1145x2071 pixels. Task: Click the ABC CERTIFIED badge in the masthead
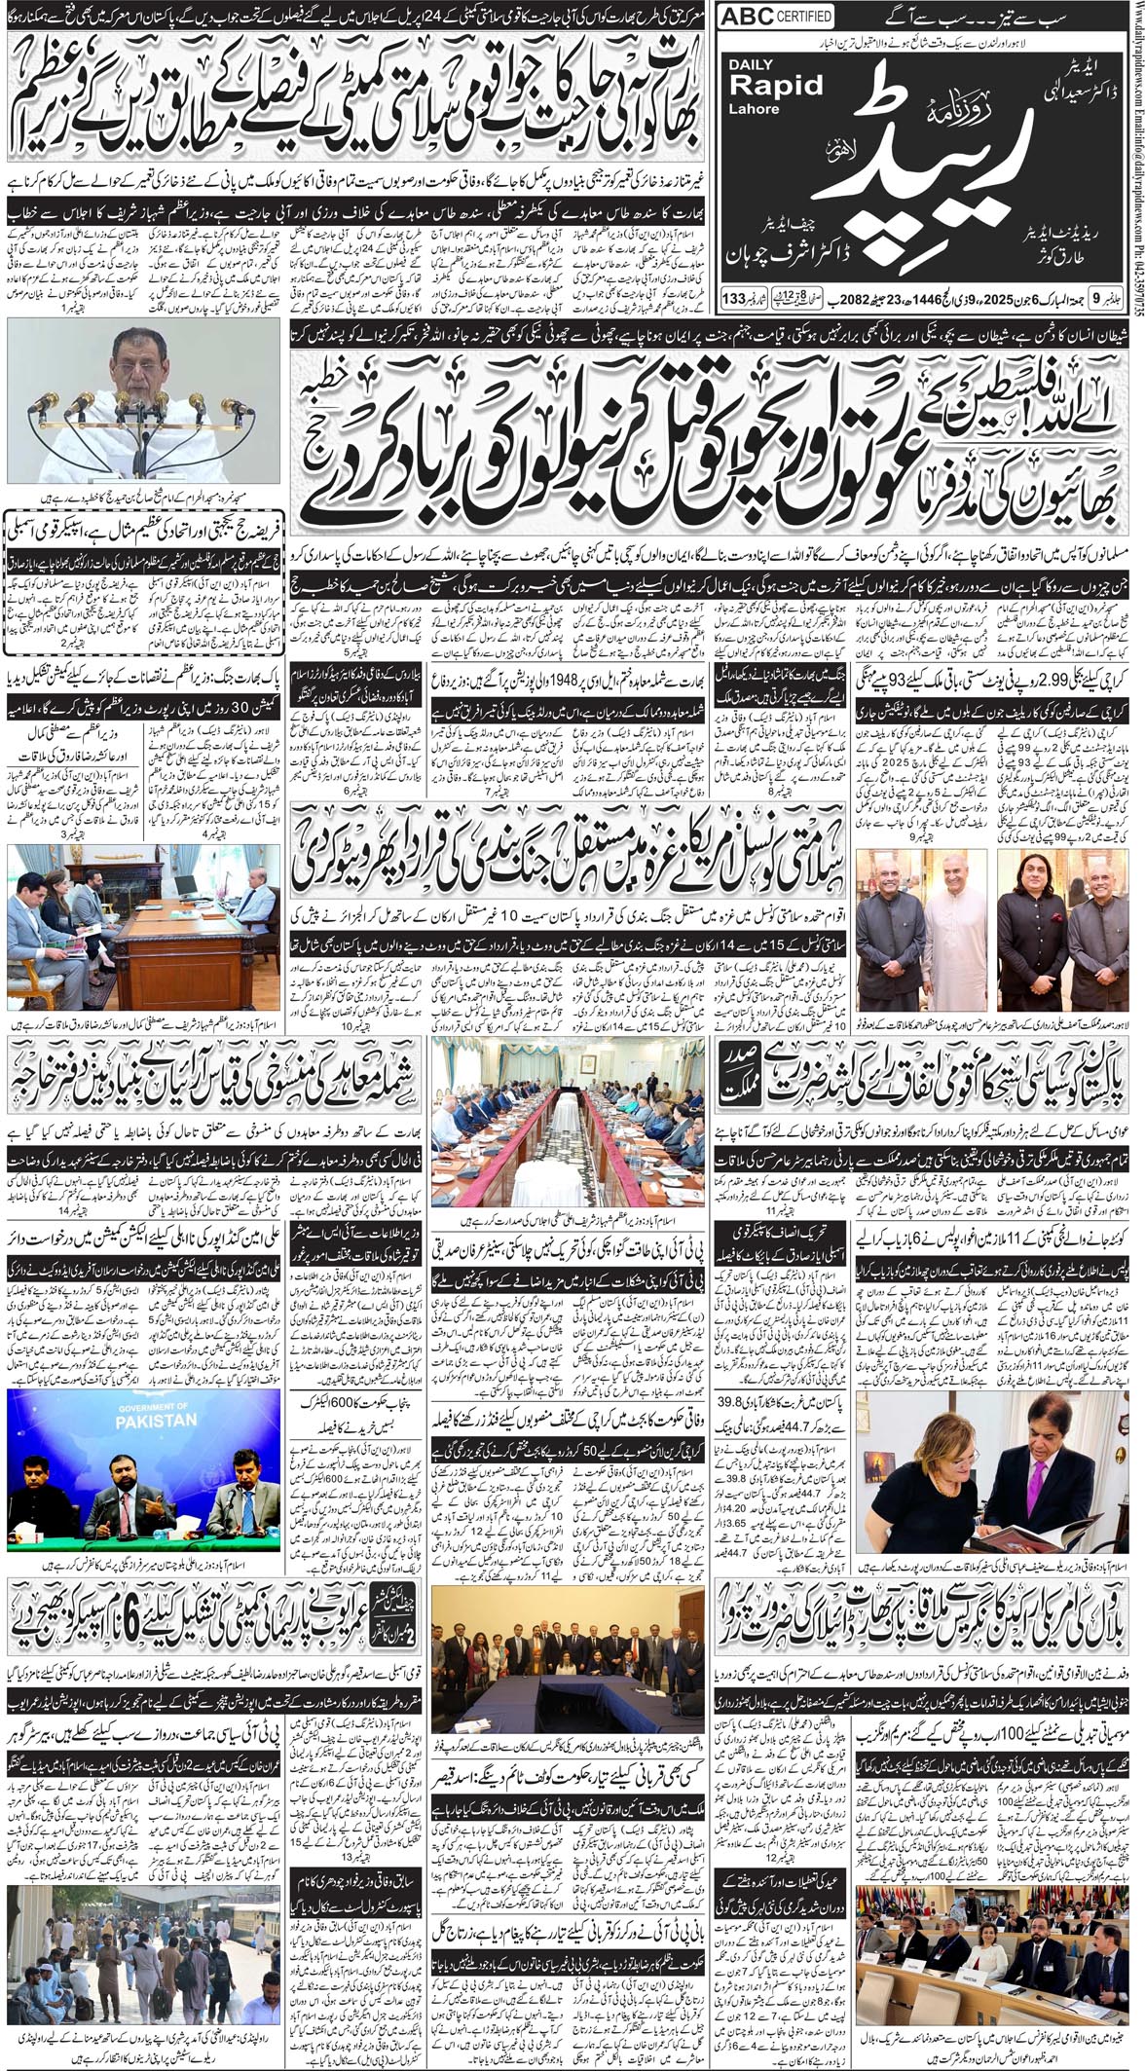pyautogui.click(x=777, y=17)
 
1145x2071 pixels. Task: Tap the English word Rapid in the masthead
pyautogui.click(x=776, y=85)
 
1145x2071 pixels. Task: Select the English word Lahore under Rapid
pyautogui.click(x=755, y=108)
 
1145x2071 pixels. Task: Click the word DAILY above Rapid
pyautogui.click(x=751, y=64)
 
